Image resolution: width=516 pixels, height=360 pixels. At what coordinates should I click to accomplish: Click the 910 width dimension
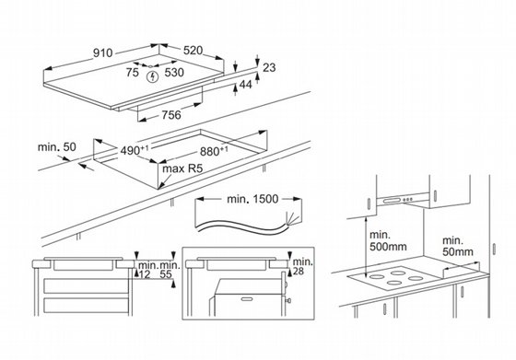pyautogui.click(x=102, y=52)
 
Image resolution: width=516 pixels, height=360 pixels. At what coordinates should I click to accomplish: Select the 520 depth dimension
pyautogui.click(x=193, y=51)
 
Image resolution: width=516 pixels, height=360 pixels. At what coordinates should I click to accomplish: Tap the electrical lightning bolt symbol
pyautogui.click(x=152, y=77)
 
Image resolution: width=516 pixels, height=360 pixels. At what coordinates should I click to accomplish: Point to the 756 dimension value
pyautogui.click(x=171, y=115)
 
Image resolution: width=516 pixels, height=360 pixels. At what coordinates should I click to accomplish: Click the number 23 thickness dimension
pyautogui.click(x=269, y=67)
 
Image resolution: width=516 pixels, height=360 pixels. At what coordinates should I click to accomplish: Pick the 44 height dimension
pyautogui.click(x=245, y=85)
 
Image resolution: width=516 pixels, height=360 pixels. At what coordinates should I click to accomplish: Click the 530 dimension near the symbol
pyautogui.click(x=174, y=73)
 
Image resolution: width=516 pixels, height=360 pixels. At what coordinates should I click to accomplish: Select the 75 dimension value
pyautogui.click(x=133, y=73)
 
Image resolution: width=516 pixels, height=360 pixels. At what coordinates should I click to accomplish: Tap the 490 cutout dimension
pyautogui.click(x=135, y=151)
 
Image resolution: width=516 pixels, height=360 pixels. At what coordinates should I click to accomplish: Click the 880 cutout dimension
pyautogui.click(x=214, y=151)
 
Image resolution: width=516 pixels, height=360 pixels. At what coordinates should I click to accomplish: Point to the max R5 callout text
pyautogui.click(x=183, y=168)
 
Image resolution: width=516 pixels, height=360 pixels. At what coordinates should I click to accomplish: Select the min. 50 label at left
pyautogui.click(x=56, y=147)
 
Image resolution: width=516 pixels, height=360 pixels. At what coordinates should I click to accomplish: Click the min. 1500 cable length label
pyautogui.click(x=252, y=199)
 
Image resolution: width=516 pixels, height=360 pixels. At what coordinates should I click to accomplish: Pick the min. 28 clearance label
pyautogui.click(x=302, y=266)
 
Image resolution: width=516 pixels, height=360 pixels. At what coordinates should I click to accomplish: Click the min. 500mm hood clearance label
pyautogui.click(x=388, y=240)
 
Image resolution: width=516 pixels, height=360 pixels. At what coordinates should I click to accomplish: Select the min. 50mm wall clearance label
pyautogui.click(x=458, y=246)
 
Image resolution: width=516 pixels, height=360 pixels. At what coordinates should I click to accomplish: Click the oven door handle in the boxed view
pyautogui.click(x=248, y=299)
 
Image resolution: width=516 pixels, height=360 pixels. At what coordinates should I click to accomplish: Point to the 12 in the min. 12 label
pyautogui.click(x=145, y=274)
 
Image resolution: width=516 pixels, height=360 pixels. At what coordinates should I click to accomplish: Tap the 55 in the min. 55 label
pyautogui.click(x=166, y=274)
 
